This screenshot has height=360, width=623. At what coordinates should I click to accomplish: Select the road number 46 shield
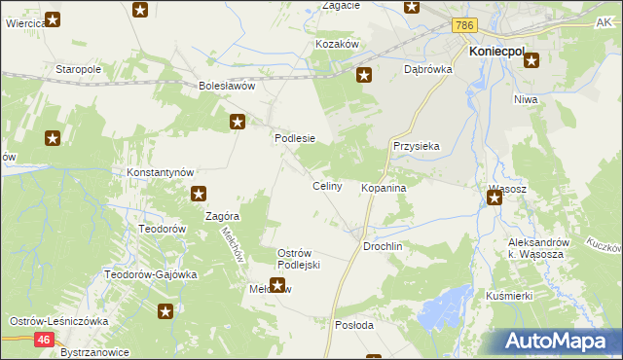pyautogui.click(x=44, y=339)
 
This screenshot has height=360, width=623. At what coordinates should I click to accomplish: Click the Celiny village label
pyautogui.click(x=326, y=186)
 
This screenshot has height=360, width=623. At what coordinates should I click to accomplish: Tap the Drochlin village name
pyautogui.click(x=383, y=247)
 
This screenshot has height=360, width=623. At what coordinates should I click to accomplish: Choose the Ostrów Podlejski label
pyautogui.click(x=299, y=259)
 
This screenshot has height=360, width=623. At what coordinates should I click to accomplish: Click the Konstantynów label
pyautogui.click(x=162, y=171)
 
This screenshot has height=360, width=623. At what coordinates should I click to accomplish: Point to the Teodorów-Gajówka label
pyautogui.click(x=151, y=274)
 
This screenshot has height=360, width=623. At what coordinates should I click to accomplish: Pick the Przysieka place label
pyautogui.click(x=417, y=146)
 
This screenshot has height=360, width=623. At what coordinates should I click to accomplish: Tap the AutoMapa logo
pyautogui.click(x=555, y=342)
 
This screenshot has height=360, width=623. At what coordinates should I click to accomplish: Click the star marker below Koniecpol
pyautogui.click(x=531, y=61)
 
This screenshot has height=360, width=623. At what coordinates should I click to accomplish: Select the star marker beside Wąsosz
pyautogui.click(x=495, y=198)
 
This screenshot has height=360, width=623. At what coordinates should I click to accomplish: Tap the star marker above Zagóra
pyautogui.click(x=199, y=194)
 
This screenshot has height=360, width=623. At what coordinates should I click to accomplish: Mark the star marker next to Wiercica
pyautogui.click(x=53, y=18)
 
